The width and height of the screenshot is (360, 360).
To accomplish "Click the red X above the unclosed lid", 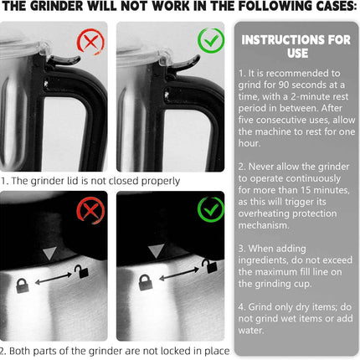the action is pos(90,42).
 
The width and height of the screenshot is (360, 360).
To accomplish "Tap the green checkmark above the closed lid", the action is pos(211,41).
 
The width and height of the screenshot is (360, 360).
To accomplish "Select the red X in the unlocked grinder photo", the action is pos(90,210).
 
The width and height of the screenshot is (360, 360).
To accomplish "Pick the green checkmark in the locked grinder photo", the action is pos(211,209).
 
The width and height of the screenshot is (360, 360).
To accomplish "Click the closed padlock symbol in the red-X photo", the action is pos(23,285).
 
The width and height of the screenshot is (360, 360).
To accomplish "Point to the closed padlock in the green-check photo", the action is pos(145,282).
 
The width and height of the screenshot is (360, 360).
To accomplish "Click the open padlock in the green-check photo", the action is pos(209,266).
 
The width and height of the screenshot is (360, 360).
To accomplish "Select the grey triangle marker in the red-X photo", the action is pos(49,253).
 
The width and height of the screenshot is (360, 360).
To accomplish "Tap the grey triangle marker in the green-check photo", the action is pos(156,251).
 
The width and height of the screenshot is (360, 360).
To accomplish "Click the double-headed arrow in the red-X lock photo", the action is pos(54,279).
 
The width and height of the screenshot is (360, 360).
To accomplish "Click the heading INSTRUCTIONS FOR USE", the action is pos(296,46).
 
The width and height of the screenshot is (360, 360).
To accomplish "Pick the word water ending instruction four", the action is pos(250,331).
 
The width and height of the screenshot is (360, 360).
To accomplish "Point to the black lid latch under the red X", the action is pos(64,60).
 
